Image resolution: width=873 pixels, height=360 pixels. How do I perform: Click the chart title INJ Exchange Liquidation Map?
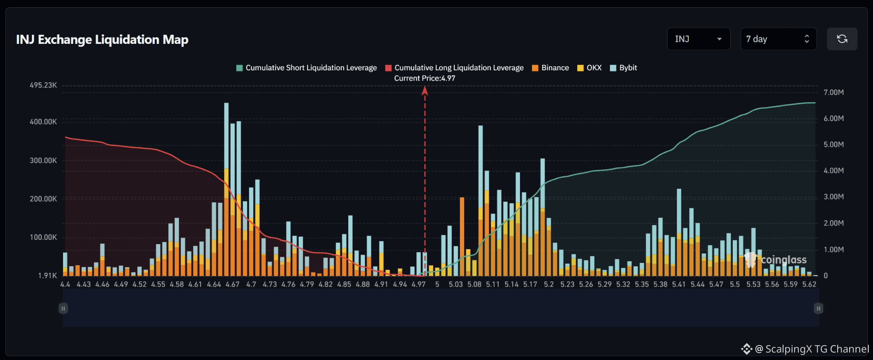102,40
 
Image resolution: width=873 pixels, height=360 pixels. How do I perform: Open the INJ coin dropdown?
698,39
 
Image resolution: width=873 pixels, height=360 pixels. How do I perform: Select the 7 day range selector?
778,39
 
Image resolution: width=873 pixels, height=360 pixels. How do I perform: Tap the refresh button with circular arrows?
842,39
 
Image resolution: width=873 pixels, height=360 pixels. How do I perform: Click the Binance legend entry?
550,68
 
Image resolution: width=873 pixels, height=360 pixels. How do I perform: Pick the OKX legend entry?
589,68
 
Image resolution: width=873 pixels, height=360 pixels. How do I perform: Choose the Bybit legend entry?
623,68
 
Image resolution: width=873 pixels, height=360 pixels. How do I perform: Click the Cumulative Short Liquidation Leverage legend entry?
306,68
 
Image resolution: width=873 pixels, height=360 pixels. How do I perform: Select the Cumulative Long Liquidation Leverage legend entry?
454,68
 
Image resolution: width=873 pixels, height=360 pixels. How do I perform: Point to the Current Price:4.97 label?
425,78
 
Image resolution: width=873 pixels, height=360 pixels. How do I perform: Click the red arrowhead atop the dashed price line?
425,90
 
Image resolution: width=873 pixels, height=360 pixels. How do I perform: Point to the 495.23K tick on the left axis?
43,85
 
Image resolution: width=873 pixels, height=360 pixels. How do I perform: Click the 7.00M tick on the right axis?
834,92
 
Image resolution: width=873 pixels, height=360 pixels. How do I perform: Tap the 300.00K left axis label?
43,161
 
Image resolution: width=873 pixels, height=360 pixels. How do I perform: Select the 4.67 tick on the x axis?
232,284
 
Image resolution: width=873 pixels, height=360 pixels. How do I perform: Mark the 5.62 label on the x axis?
809,284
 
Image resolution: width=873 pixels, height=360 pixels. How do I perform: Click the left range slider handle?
63,308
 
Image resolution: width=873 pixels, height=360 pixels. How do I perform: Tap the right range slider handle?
818,308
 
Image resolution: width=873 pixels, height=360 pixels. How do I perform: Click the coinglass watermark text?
783,260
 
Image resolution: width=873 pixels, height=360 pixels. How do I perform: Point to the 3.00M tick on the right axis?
834,197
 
